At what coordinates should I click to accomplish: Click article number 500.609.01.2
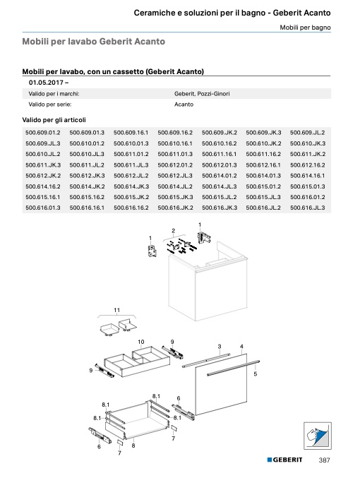[43, 133]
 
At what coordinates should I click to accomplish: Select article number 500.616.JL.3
[308, 208]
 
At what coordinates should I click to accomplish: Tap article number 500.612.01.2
[175, 165]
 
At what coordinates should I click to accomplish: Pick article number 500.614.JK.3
[131, 186]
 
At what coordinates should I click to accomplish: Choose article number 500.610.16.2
[219, 143]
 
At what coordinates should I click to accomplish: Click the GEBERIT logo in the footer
[285, 460]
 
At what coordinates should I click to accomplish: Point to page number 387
[324, 460]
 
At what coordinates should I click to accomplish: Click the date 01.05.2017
[46, 83]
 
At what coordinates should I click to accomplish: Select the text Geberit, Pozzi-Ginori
[202, 94]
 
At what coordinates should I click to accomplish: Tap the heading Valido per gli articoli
[54, 120]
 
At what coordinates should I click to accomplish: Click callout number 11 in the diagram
[116, 310]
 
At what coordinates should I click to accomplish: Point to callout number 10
[141, 342]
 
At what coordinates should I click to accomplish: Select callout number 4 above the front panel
[241, 346]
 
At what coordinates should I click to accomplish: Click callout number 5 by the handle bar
[256, 374]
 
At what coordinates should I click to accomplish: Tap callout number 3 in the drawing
[220, 346]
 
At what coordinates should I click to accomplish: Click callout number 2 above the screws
[174, 231]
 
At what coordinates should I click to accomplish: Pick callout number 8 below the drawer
[133, 446]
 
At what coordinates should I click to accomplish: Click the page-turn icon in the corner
[318, 436]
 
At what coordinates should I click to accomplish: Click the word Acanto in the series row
[184, 104]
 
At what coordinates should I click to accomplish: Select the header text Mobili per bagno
[305, 28]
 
